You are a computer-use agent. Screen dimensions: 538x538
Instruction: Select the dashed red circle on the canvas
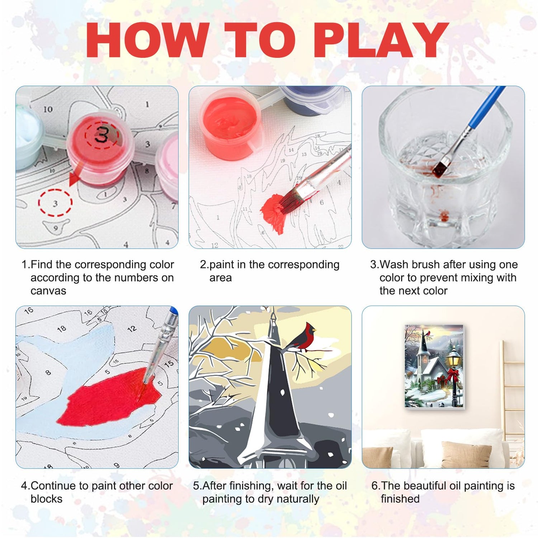55,203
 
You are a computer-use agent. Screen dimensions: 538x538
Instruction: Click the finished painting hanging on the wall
434,366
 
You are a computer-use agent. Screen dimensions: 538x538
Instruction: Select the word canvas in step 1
48,291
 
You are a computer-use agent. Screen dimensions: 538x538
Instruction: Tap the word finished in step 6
400,499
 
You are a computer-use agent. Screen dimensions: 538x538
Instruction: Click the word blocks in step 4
47,499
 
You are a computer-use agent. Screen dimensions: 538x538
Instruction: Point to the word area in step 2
221,278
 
